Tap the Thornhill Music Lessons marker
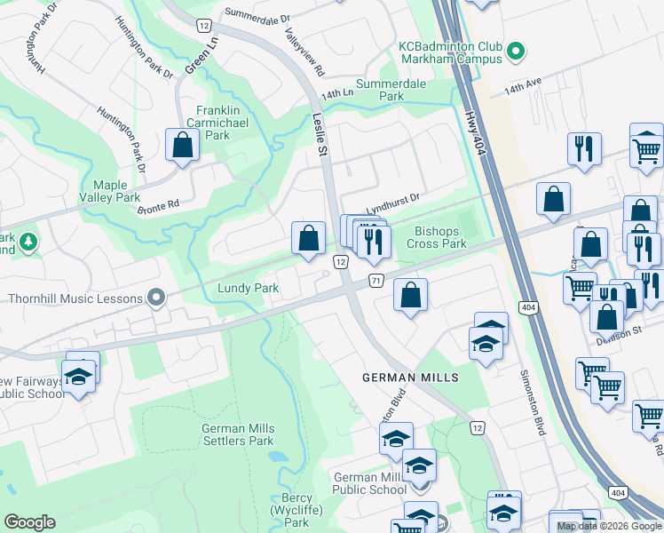click(x=157, y=298)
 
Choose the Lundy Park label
click(x=249, y=288)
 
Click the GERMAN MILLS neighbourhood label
click(x=410, y=378)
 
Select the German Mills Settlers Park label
click(x=238, y=434)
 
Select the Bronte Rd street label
click(x=159, y=206)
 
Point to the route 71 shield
click(x=375, y=281)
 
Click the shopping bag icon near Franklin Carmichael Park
click(x=182, y=146)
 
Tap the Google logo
click(x=29, y=522)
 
